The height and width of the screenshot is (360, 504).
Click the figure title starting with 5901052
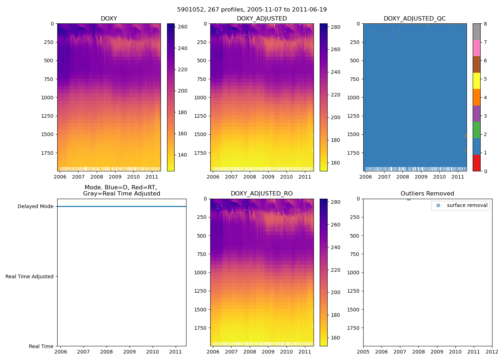point(252,10)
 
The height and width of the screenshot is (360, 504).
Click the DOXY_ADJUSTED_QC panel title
point(415,19)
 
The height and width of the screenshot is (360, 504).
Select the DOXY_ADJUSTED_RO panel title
point(262,194)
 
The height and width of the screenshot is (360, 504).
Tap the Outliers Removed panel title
point(427,194)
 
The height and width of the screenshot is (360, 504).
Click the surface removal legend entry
point(467,206)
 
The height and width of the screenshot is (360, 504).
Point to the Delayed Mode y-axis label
point(35,207)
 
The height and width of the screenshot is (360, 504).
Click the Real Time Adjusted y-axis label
point(30,276)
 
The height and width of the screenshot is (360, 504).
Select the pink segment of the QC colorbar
point(476,48)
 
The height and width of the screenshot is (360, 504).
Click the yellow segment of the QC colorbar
point(476,81)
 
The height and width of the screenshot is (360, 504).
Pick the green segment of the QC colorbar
point(476,130)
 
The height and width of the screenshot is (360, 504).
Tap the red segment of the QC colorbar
point(476,163)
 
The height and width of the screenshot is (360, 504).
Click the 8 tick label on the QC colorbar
point(485,24)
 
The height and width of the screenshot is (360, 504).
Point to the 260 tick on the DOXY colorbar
point(183,27)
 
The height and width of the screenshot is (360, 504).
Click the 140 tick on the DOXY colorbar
point(183,155)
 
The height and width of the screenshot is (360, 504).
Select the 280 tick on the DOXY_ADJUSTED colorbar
point(335,27)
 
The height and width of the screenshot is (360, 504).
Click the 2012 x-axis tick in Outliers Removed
point(492,352)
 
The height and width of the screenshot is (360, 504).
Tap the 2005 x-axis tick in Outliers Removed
point(363,352)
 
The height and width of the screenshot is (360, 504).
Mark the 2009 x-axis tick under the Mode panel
point(130,352)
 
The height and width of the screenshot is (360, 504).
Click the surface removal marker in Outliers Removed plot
point(409,199)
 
